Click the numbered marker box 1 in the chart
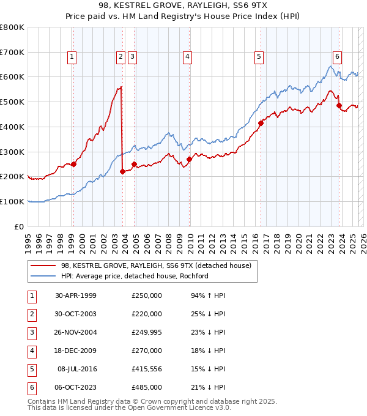[x=72, y=57]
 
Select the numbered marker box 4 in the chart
[x=187, y=57]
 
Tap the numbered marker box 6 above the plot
[x=337, y=57]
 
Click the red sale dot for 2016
[x=261, y=123]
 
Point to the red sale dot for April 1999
[x=73, y=164]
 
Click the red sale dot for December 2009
[x=189, y=159]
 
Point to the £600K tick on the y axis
[x=12, y=77]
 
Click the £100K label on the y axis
[x=12, y=201]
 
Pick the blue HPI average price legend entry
[x=135, y=276]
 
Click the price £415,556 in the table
[x=147, y=369]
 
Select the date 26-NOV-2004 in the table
[x=76, y=332]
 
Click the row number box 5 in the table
[x=31, y=369]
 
